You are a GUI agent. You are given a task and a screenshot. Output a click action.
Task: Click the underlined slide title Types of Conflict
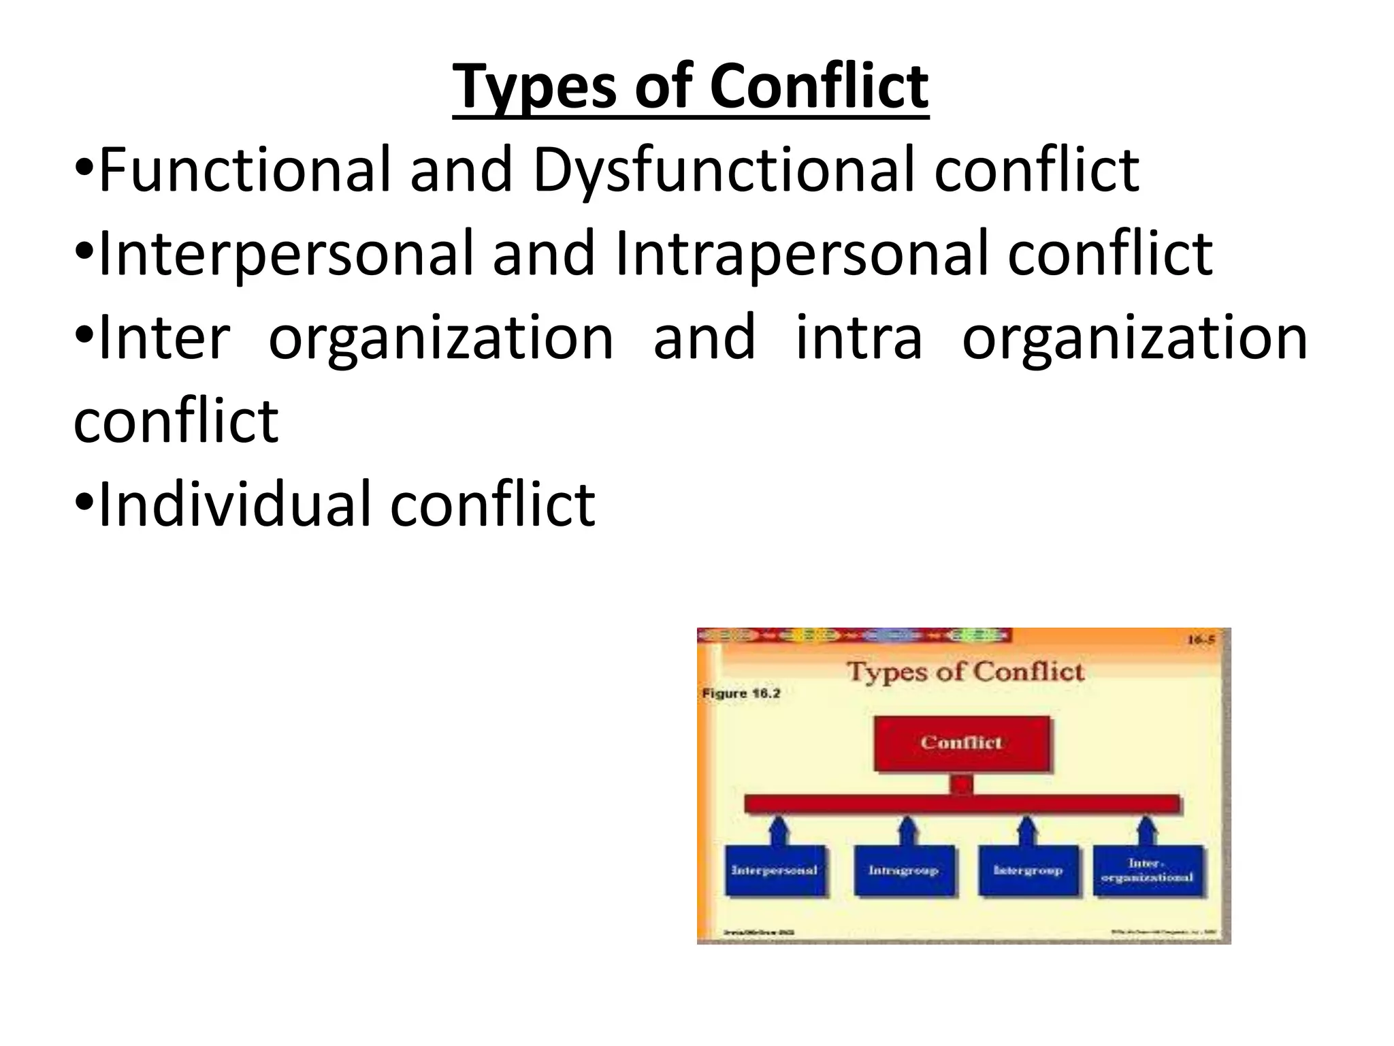pos(690,87)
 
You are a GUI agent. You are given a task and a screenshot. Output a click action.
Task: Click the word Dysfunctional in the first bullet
pos(724,170)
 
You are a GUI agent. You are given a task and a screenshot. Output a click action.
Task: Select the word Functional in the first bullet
pos(244,170)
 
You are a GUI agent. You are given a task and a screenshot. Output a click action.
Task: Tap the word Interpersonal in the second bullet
pos(285,253)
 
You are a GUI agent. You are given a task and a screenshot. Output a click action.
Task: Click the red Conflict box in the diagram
pos(961,743)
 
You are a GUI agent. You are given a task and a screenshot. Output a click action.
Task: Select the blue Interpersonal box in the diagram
pos(775,870)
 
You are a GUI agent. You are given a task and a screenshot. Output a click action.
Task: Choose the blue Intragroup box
pos(903,870)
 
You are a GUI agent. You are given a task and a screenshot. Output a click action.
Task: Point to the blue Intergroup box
pos(1028,870)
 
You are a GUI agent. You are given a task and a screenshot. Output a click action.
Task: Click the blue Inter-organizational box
pos(1148,870)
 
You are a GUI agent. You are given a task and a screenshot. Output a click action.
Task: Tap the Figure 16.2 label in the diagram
pos(741,694)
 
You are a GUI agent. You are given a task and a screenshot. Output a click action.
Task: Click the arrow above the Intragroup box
pos(907,831)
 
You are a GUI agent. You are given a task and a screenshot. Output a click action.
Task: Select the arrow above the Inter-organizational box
pos(1147,831)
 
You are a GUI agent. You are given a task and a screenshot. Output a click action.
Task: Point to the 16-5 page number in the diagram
pos(1200,640)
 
